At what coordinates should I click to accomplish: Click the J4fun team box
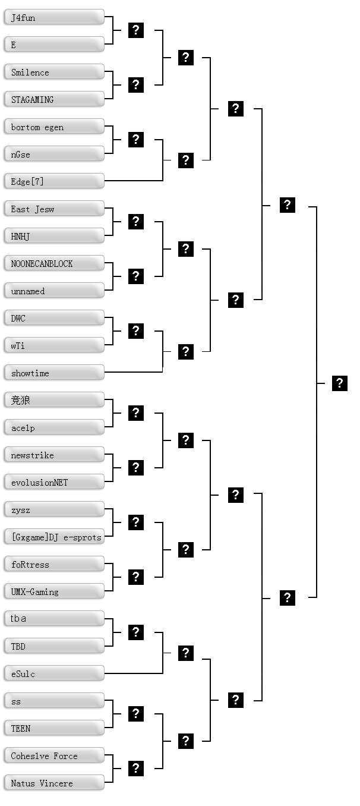pos(54,17)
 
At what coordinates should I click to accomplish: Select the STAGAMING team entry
pos(54,99)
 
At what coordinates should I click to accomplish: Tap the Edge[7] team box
pos(54,181)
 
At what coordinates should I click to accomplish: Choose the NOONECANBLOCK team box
pos(54,263)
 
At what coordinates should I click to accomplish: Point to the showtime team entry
pos(54,373)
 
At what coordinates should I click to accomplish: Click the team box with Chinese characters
pos(54,400)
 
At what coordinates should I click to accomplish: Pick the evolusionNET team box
pos(54,482)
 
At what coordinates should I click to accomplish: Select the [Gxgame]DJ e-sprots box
pos(54,537)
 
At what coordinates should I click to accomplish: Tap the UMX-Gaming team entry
pos(54,591)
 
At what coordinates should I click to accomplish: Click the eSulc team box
pos(54,673)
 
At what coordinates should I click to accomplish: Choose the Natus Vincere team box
pos(54,783)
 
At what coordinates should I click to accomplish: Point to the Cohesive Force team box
pos(54,755)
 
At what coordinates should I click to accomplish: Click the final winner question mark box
pos(339,383)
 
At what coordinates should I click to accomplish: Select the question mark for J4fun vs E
pos(136,30)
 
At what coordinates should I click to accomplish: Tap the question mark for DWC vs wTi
pos(136,331)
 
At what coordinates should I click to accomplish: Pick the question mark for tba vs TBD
pos(136,632)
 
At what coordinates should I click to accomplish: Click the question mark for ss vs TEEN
pos(136,714)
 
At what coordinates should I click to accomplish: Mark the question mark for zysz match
pos(136,522)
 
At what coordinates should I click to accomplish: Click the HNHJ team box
pos(54,236)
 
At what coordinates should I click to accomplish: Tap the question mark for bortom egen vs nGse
pos(136,140)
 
